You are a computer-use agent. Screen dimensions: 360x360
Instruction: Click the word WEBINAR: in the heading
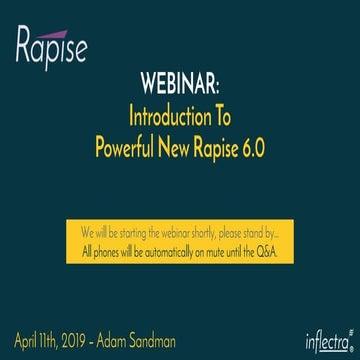[x=180, y=82]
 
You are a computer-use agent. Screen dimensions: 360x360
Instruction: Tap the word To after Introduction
[x=218, y=111]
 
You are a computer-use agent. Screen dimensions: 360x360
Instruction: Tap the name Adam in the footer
[x=131, y=331]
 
